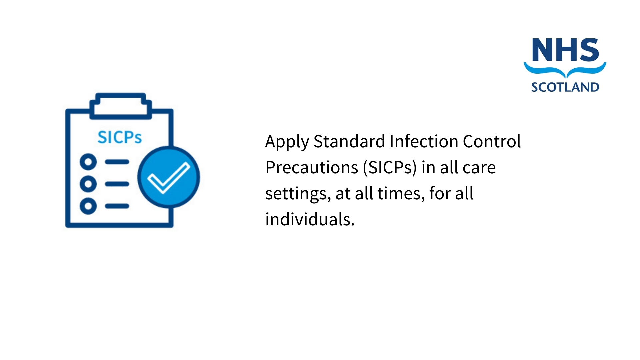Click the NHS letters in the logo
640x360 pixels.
tap(565, 50)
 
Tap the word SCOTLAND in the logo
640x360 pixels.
tap(565, 87)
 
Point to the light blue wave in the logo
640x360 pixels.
tap(565, 70)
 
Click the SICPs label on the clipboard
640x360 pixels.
tap(120, 137)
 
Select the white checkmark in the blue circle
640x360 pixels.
tap(169, 177)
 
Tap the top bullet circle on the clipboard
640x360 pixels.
tap(88, 162)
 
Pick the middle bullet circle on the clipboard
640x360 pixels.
tap(88, 184)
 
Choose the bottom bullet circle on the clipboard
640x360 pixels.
tap(88, 206)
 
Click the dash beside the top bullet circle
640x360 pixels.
tap(117, 162)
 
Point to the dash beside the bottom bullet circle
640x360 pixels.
tap(117, 206)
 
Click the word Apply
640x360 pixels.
tap(287, 142)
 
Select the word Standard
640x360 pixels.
tap(349, 141)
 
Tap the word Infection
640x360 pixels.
tap(424, 141)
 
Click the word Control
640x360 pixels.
tap(492, 141)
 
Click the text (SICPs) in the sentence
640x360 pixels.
tap(390, 168)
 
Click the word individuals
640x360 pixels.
tap(310, 219)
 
